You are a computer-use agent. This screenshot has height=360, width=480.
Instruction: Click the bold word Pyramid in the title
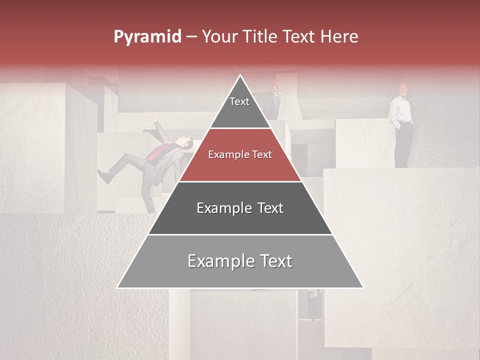click(x=147, y=37)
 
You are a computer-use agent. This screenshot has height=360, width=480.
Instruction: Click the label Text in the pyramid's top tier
click(x=239, y=101)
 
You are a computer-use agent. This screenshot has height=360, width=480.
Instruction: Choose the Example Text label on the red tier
click(x=240, y=154)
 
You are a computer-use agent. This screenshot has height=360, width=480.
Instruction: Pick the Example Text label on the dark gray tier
click(x=240, y=208)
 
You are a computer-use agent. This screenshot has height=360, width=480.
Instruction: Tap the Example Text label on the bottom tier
click(x=240, y=261)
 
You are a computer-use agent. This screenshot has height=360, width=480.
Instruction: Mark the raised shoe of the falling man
click(x=103, y=175)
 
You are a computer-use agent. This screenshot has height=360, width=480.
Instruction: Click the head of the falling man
click(x=185, y=143)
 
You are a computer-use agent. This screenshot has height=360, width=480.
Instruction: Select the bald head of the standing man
click(x=403, y=88)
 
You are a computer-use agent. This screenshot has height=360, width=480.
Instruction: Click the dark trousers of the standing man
click(x=403, y=145)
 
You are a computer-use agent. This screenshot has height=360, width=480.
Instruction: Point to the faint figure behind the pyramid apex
click(x=275, y=90)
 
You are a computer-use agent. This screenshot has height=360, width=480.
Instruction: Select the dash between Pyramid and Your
click(x=191, y=37)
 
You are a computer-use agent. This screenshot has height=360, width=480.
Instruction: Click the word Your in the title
click(x=219, y=37)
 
